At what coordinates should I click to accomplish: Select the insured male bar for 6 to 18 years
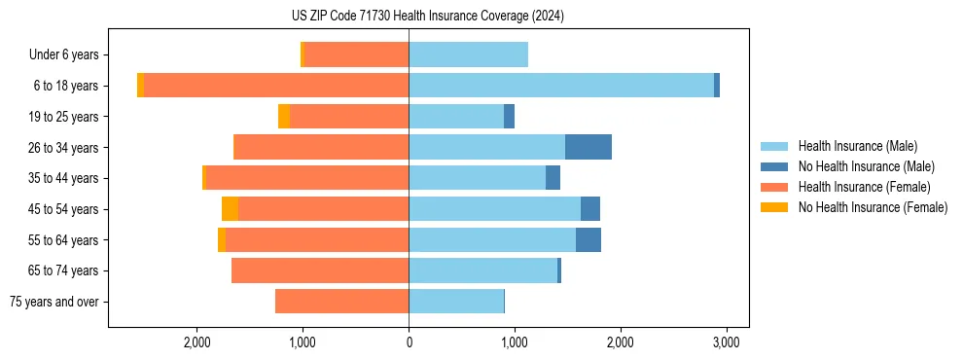click(561, 86)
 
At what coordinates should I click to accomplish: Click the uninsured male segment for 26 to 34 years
click(588, 147)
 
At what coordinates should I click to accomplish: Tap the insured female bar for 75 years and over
click(341, 302)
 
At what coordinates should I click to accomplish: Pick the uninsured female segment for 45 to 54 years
click(230, 209)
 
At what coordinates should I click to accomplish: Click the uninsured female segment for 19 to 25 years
click(284, 117)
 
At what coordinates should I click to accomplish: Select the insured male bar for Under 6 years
click(468, 54)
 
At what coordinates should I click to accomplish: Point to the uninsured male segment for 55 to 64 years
click(588, 239)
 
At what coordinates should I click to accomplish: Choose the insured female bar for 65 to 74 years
click(320, 270)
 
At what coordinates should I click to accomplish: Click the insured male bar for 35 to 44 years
click(477, 178)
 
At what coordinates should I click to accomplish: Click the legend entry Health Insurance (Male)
click(857, 146)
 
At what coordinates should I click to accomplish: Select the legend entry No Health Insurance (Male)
click(865, 166)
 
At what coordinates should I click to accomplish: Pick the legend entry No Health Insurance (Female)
click(872, 207)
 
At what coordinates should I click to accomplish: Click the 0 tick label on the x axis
click(409, 342)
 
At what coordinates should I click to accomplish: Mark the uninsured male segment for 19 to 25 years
click(509, 117)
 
